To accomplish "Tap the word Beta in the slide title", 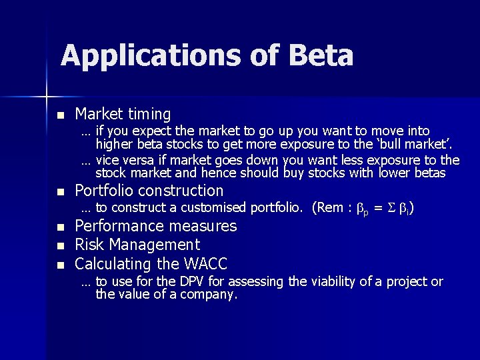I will [321, 56].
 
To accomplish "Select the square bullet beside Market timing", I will [61, 115].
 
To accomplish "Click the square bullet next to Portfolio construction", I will [61, 192].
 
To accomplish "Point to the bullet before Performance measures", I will [61, 227].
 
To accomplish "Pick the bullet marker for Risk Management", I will [61, 246].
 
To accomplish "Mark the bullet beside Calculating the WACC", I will [61, 265].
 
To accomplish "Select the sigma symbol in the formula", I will [392, 209].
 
